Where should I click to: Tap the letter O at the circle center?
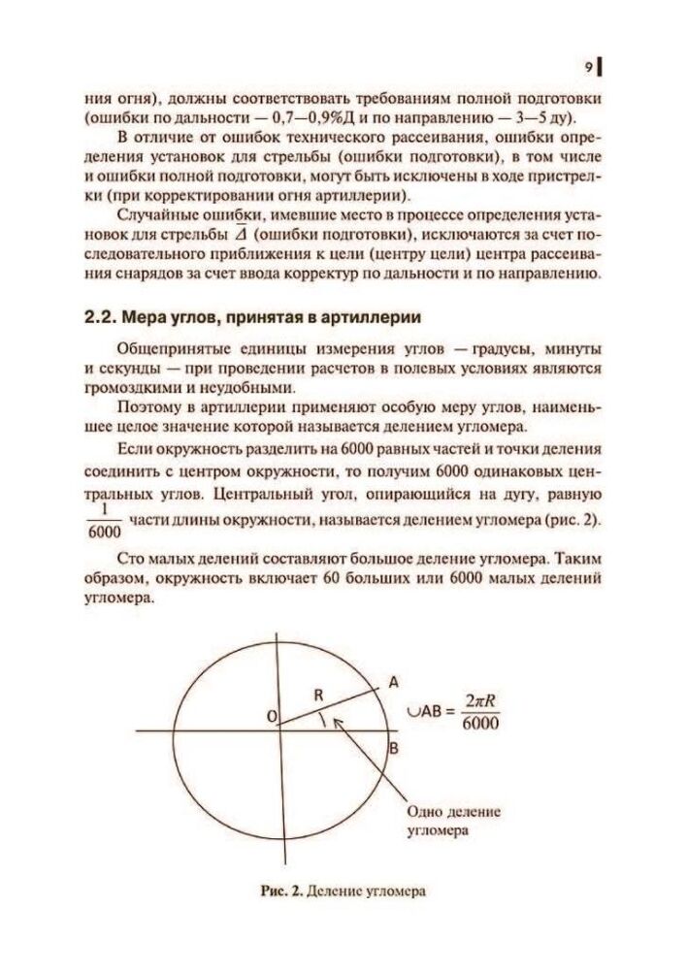point(272,716)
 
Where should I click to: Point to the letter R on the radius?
point(317,695)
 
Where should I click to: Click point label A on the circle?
point(394,683)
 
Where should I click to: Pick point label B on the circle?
point(393,749)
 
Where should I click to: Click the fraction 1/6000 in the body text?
point(103,521)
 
